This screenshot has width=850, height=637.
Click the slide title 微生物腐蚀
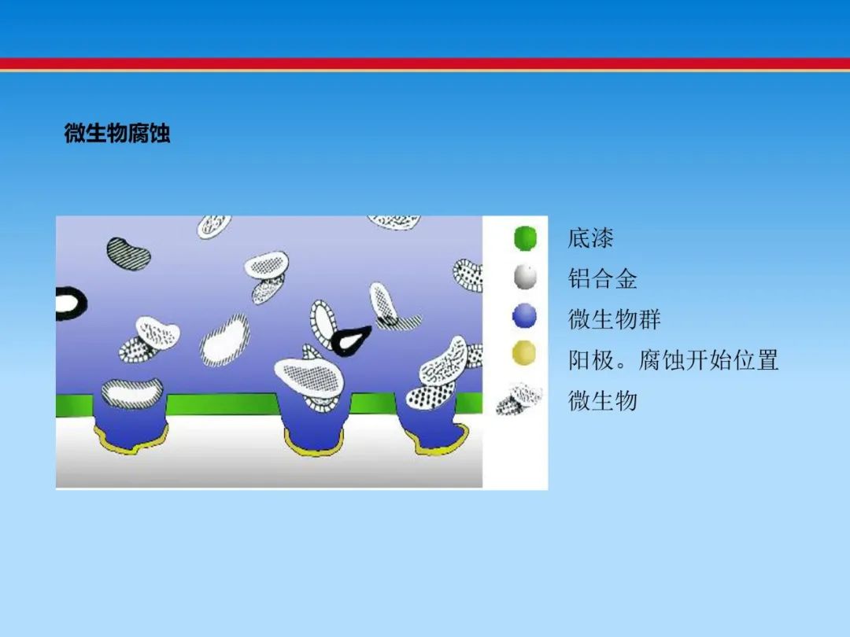coord(117,133)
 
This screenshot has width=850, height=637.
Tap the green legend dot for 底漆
coord(525,238)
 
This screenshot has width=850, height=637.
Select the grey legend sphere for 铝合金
coord(525,277)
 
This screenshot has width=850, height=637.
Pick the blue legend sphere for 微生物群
coord(524,316)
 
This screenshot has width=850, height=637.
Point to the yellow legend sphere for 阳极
coord(523,353)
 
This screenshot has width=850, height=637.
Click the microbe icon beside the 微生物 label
coord(519,400)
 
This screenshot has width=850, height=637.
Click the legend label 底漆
coord(590,238)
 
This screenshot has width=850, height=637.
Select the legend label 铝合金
coord(602,279)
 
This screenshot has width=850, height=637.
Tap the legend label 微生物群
coord(614,319)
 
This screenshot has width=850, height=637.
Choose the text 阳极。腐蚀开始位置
coord(673,360)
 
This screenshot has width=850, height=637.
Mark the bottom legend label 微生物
coord(602,401)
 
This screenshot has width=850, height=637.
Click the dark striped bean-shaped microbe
coord(128,253)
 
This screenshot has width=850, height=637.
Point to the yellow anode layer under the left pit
coord(131,441)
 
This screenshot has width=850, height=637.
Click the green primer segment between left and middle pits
coord(222,404)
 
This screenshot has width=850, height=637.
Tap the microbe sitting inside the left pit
coord(132,393)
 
